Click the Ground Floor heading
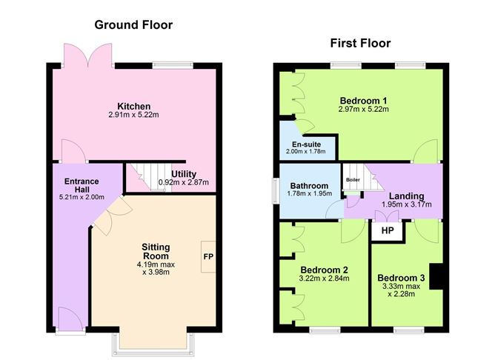tap(133, 25)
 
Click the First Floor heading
tap(360, 43)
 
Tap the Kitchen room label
tap(133, 106)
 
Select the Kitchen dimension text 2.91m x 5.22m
tap(133, 116)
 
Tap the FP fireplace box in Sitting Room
tap(208, 256)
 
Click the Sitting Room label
tap(156, 252)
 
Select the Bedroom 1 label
tap(363, 100)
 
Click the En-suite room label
tap(305, 144)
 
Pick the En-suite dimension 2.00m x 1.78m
tap(305, 152)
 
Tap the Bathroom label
tap(309, 185)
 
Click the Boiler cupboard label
tap(351, 179)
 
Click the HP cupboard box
tap(387, 231)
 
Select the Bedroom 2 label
tap(325, 269)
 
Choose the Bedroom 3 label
tap(402, 276)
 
